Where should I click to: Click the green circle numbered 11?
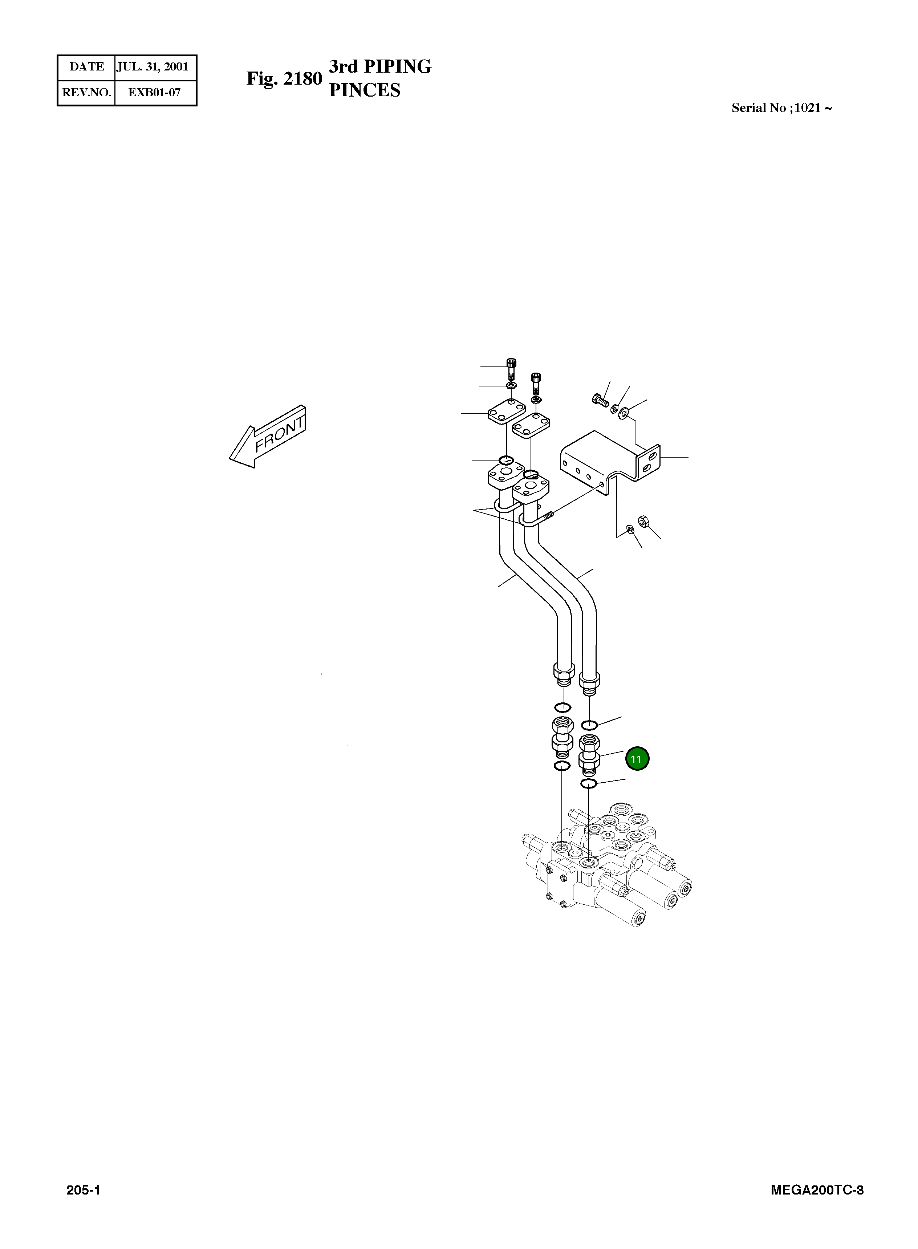(x=637, y=759)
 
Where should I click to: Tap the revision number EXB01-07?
(x=154, y=92)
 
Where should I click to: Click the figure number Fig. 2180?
(x=284, y=78)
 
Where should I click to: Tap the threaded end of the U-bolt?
(x=549, y=516)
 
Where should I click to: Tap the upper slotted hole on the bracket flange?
(x=651, y=455)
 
